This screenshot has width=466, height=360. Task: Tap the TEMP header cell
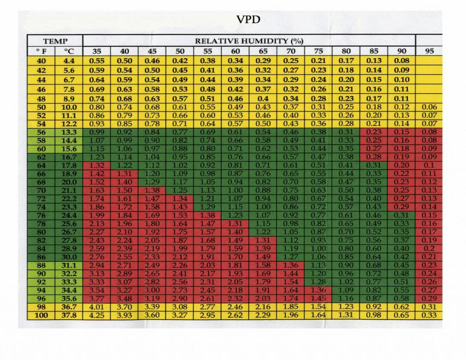(55, 41)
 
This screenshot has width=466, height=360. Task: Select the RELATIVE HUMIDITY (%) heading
(249, 41)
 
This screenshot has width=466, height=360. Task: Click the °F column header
(41, 51)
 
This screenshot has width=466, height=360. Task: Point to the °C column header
(69, 51)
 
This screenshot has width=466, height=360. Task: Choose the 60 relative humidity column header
(235, 51)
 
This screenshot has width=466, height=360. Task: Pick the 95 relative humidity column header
(429, 51)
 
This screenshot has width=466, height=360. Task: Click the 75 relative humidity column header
(318, 51)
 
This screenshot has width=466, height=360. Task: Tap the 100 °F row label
(41, 315)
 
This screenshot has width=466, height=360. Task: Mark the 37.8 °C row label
(69, 315)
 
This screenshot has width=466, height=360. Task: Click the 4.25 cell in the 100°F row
(97, 315)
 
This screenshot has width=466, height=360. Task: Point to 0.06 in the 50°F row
(429, 107)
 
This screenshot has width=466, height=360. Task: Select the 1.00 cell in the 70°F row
(235, 190)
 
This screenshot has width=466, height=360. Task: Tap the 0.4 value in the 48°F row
(263, 98)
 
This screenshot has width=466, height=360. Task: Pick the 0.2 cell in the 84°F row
(429, 249)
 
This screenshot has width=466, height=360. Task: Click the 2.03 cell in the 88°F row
(207, 265)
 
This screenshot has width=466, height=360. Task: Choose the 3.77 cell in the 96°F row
(97, 299)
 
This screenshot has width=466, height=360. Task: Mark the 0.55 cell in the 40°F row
(97, 61)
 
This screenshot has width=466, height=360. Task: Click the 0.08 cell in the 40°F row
(402, 61)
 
